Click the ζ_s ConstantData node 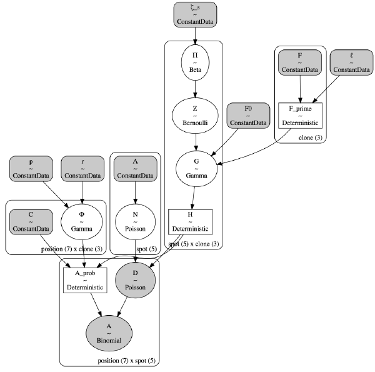195,14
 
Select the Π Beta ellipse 195,63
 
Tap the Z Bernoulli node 195,116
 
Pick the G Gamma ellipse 197,169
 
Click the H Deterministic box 191,222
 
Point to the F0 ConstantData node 248,116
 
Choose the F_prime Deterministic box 301,116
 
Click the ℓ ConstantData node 351,63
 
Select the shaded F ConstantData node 300,63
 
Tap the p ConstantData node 31,169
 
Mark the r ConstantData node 82,169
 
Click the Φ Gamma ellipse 82,222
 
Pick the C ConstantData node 31,222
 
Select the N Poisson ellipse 136,222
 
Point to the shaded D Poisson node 136,280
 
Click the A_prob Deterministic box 85,280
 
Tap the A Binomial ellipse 109,333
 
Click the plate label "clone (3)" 311,138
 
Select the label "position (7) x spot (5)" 126,361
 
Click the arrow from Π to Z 195,89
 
